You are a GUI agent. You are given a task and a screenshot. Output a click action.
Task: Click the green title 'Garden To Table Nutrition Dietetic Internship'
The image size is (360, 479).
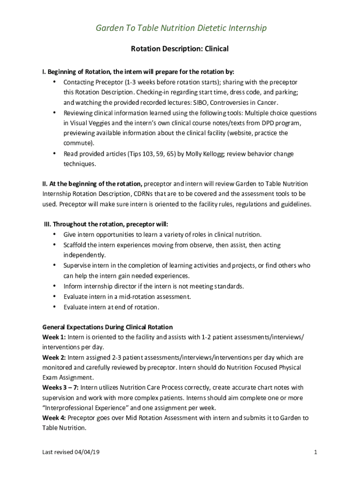[181, 29]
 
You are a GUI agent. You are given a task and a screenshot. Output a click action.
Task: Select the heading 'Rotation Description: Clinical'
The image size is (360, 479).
[180, 49]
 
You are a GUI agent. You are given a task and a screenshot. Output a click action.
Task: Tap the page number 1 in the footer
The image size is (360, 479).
[316, 452]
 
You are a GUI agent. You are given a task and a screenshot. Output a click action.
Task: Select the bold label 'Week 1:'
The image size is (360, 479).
[54, 337]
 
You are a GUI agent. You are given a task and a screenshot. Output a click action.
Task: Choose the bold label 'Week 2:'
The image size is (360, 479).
[54, 357]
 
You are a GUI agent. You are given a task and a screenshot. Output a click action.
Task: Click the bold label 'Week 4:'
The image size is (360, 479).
[54, 418]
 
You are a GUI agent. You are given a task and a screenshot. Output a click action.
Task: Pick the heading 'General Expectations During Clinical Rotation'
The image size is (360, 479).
[108, 327]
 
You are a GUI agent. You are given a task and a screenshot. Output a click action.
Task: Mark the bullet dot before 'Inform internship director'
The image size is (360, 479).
[55, 286]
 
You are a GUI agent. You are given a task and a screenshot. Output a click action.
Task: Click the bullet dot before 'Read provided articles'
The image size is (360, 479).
[55, 153]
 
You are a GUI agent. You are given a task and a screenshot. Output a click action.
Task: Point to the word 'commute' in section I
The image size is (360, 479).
[78, 143]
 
